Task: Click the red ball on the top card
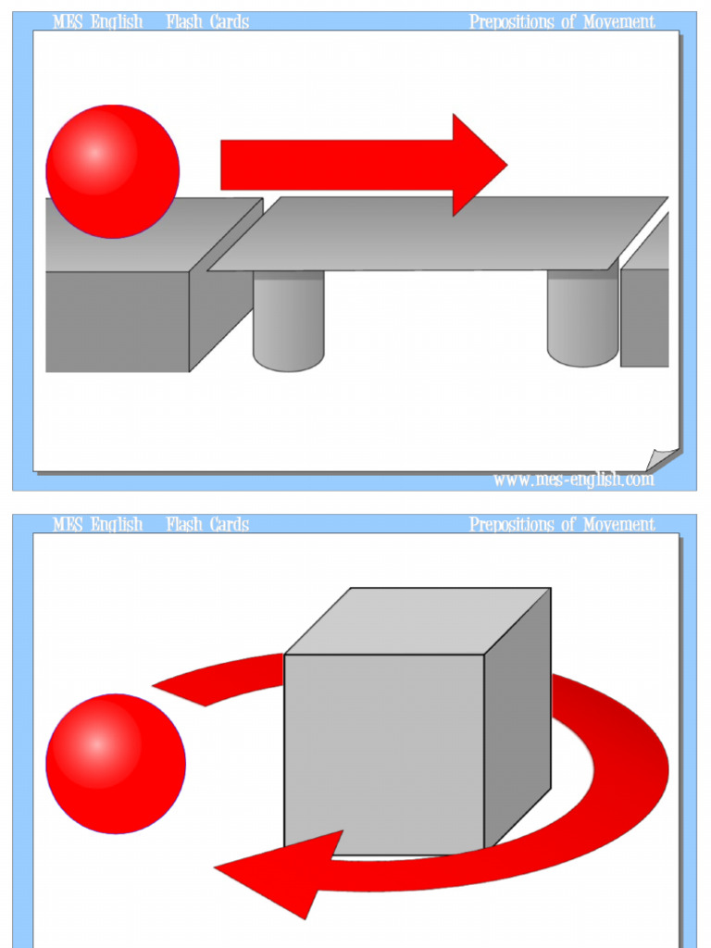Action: pos(112,171)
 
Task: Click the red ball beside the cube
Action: pos(115,764)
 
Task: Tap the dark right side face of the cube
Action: pos(518,722)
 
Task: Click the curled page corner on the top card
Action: pos(662,460)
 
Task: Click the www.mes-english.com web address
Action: pos(573,480)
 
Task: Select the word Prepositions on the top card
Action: pos(511,21)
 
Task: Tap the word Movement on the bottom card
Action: pos(618,525)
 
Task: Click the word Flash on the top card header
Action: pos(185,21)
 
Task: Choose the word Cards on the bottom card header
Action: pos(230,525)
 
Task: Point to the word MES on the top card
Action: pos(68,21)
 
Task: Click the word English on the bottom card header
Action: pos(117,525)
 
